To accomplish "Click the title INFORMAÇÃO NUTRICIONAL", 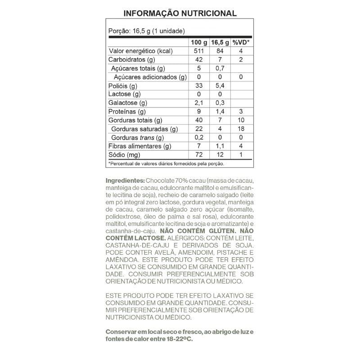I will [x=180, y=13].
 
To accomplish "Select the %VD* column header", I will [x=241, y=43].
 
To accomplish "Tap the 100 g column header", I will [x=199, y=43].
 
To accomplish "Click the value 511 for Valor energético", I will [x=199, y=51].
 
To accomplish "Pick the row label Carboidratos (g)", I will [x=132, y=60].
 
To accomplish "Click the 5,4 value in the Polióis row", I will [x=220, y=85].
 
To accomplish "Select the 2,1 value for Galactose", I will [x=199, y=103].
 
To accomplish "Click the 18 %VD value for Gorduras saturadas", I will [x=241, y=129].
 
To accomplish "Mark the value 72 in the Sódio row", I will [x=199, y=155].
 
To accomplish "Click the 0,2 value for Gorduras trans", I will [x=199, y=137].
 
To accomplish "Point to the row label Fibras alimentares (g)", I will [x=140, y=146].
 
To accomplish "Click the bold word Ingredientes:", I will [x=125, y=180].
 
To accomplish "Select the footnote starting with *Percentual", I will [x=166, y=164].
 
